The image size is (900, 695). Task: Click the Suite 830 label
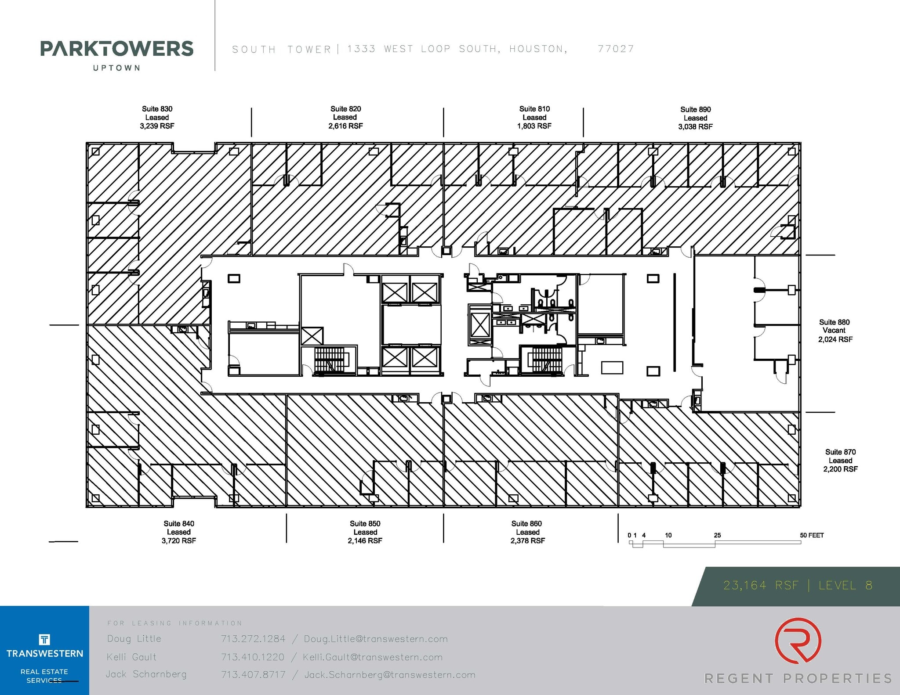pos(157,109)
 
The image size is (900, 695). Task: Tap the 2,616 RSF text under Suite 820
pos(345,126)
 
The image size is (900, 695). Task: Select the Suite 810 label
pos(534,109)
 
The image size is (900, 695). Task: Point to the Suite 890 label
pos(695,109)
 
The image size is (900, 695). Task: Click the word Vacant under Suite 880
pos(834,331)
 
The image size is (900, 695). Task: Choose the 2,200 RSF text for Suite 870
pos(840,469)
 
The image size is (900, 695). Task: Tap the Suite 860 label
pos(526,523)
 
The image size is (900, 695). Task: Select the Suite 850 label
pos(365,523)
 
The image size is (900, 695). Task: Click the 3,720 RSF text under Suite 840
pos(178,541)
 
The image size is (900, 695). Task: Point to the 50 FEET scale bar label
pos(811,535)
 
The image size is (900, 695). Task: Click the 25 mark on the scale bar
pos(717,535)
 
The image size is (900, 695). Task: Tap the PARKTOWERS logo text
pos(116,49)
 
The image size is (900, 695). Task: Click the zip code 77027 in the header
pos(616,49)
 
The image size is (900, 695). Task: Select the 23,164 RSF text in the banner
pos(761,585)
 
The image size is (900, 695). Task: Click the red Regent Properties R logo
pos(798,640)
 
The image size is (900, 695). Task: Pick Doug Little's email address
pos(376,639)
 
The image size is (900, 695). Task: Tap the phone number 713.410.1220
pos(253,657)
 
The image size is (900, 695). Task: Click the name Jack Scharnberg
pos(146,674)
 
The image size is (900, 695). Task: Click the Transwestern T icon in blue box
pos(44,639)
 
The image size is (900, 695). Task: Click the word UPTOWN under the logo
pos(116,68)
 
